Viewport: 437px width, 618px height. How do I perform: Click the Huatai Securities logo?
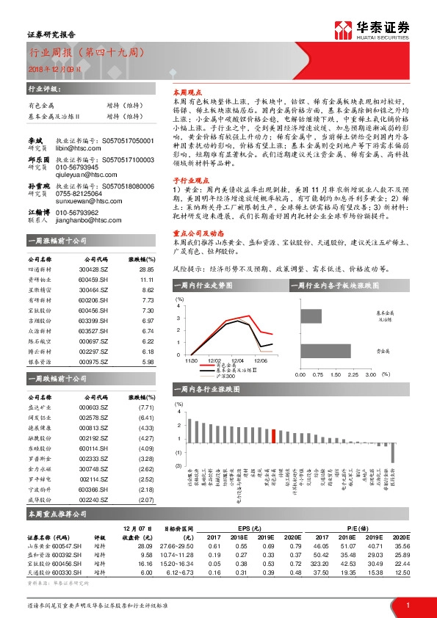click(x=372, y=29)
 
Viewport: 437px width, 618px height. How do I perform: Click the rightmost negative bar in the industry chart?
click(x=392, y=451)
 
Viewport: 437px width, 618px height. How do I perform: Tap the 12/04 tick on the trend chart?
click(x=237, y=360)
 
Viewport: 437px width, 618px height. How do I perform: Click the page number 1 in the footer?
click(x=407, y=605)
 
